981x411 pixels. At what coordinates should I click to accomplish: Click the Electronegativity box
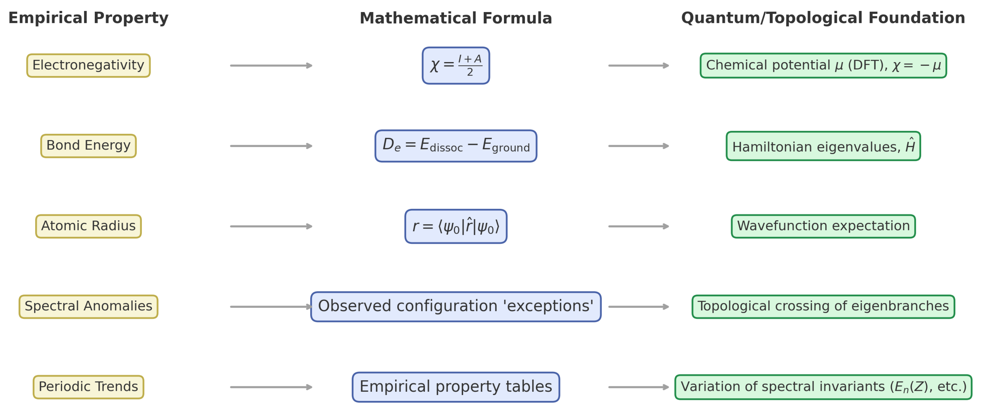pyautogui.click(x=88, y=65)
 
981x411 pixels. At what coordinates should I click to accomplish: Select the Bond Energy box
pyautogui.click(x=88, y=146)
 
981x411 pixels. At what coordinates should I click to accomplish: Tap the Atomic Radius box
pyautogui.click(x=88, y=226)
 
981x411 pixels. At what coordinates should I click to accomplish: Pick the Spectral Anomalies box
pyautogui.click(x=88, y=307)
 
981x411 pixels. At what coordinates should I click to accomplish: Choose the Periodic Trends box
pyautogui.click(x=88, y=387)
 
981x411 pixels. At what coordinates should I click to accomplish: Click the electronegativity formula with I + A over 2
pyautogui.click(x=456, y=65)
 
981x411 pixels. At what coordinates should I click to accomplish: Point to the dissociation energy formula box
pyautogui.click(x=456, y=146)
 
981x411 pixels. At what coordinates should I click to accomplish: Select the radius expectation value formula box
pyautogui.click(x=456, y=226)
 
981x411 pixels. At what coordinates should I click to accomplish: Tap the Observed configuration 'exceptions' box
pyautogui.click(x=456, y=307)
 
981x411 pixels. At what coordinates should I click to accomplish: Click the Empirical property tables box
pyautogui.click(x=456, y=387)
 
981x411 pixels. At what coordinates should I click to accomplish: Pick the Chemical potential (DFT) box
pyautogui.click(x=823, y=65)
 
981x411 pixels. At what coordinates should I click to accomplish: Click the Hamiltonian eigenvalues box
pyautogui.click(x=823, y=146)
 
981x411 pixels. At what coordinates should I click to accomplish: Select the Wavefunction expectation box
pyautogui.click(x=823, y=226)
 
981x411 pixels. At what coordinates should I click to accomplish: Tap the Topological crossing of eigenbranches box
pyautogui.click(x=823, y=307)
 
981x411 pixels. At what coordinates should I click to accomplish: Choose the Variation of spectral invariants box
pyautogui.click(x=823, y=387)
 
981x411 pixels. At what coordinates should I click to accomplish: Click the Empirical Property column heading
pyautogui.click(x=88, y=18)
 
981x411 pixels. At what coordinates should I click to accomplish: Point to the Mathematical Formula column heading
pyautogui.click(x=456, y=18)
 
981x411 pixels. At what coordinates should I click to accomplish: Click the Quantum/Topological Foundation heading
pyautogui.click(x=823, y=18)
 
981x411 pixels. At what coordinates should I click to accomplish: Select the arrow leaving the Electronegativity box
pyautogui.click(x=271, y=65)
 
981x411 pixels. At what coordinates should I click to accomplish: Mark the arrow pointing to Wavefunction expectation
pyautogui.click(x=639, y=226)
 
